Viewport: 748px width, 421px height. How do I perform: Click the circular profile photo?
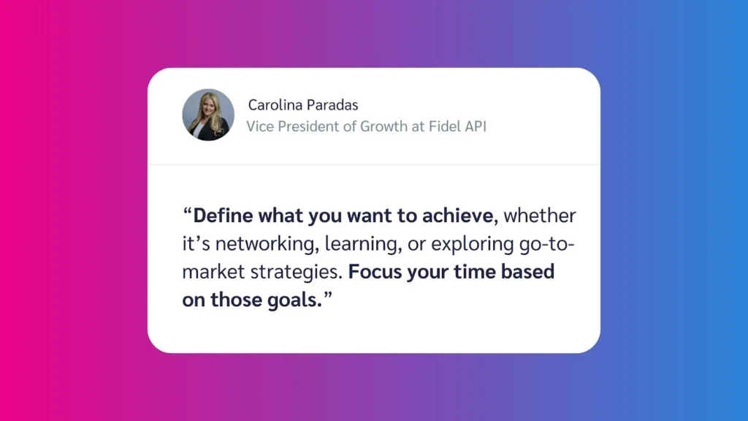point(208,115)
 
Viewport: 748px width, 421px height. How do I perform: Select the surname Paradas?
point(332,105)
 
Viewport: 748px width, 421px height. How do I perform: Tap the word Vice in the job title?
point(259,126)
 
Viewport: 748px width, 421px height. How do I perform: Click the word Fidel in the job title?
point(440,126)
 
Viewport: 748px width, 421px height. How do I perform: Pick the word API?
point(473,126)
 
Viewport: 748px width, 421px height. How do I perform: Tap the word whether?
point(540,216)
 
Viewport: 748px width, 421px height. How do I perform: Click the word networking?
point(251,245)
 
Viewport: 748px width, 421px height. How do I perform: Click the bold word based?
point(528,273)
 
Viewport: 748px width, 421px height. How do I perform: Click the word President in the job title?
point(310,126)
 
